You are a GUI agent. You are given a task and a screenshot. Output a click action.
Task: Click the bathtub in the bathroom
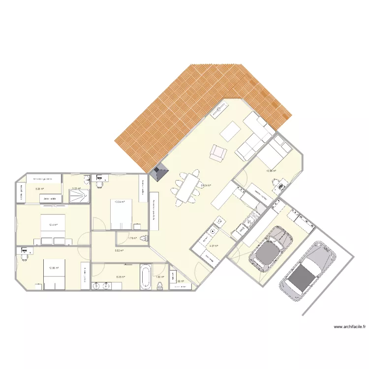point(145,277)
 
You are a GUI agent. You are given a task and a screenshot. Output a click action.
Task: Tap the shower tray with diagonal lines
point(79,196)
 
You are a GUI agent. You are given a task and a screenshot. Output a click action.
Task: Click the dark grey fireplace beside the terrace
point(159,172)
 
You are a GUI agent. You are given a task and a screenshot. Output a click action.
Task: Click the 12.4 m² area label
point(53,225)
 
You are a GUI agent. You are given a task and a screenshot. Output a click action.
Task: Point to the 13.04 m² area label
point(120,202)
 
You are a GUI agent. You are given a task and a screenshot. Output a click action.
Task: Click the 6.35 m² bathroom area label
point(121,277)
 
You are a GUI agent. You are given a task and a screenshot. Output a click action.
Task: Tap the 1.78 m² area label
point(132,239)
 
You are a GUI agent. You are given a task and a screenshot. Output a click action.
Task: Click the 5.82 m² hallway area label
point(119,250)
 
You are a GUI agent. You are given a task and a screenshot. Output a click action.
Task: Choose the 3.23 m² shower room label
point(76,188)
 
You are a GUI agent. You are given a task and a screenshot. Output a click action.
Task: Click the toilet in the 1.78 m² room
point(144,239)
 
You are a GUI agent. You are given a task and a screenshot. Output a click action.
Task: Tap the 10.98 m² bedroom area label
point(271,171)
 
